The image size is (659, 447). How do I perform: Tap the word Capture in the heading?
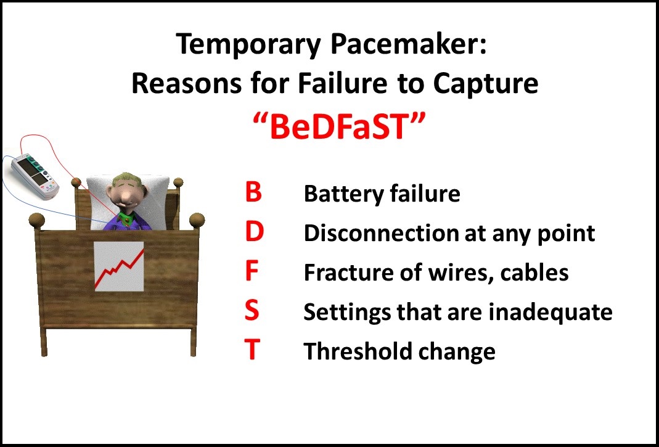point(485,84)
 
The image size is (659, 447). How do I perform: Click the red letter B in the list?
point(253,192)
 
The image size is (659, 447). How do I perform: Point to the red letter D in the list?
point(254,232)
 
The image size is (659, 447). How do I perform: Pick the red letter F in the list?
point(252,271)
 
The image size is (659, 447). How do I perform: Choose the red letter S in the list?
point(252,311)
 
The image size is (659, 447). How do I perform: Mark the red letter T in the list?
point(252,350)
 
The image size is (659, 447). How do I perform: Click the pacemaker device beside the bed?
point(35,175)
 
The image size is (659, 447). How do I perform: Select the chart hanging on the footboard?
point(119,266)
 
